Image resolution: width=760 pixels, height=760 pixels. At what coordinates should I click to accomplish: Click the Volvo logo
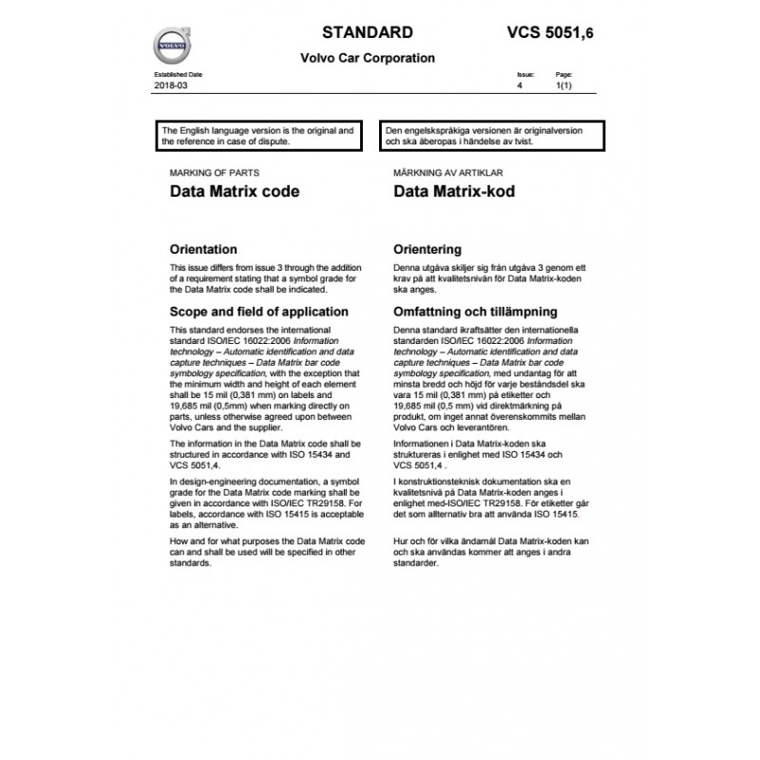(x=171, y=45)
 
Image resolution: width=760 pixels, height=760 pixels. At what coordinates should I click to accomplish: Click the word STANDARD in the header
(x=368, y=31)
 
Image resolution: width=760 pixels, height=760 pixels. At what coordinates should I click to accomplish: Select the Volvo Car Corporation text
(x=368, y=58)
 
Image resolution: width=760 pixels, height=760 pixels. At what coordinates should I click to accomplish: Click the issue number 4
(x=520, y=85)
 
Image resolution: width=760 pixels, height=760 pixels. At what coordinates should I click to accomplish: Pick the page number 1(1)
(x=562, y=85)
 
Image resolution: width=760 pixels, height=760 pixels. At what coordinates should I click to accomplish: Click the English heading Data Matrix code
(x=234, y=191)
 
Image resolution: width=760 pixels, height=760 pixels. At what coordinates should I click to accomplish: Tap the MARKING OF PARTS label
(x=214, y=173)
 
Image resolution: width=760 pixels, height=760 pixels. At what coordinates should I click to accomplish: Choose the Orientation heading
(x=202, y=250)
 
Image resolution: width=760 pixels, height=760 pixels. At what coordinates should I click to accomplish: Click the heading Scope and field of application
(x=258, y=312)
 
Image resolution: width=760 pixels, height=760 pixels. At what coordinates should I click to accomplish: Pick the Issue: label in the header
(x=525, y=74)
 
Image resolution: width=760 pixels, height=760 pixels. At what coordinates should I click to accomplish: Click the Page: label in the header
(x=563, y=74)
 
